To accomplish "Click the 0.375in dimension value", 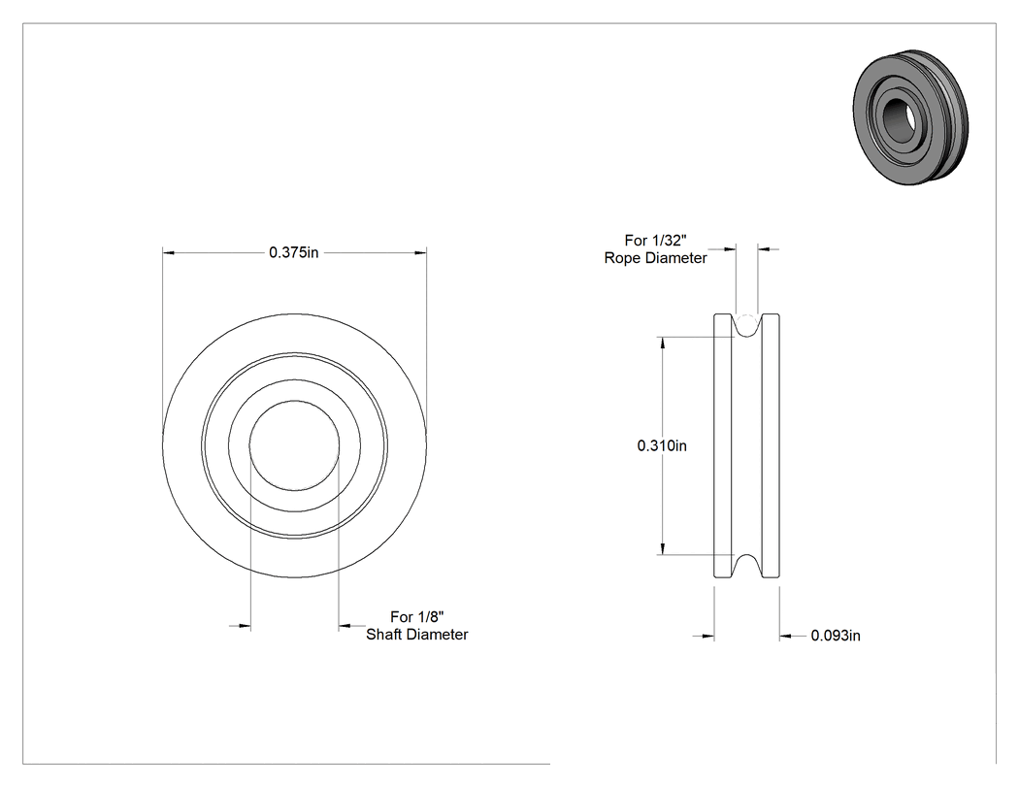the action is click(x=294, y=252).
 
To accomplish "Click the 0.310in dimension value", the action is click(x=662, y=445).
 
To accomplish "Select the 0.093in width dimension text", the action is click(x=835, y=636).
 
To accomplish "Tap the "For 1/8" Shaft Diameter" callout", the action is click(x=416, y=625).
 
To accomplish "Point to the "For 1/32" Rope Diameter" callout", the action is click(x=655, y=248).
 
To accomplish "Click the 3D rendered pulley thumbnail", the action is click(x=911, y=117).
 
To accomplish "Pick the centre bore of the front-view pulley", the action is click(x=294, y=445).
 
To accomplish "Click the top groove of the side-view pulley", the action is click(x=746, y=326).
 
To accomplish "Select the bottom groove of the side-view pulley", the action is click(x=746, y=566).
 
